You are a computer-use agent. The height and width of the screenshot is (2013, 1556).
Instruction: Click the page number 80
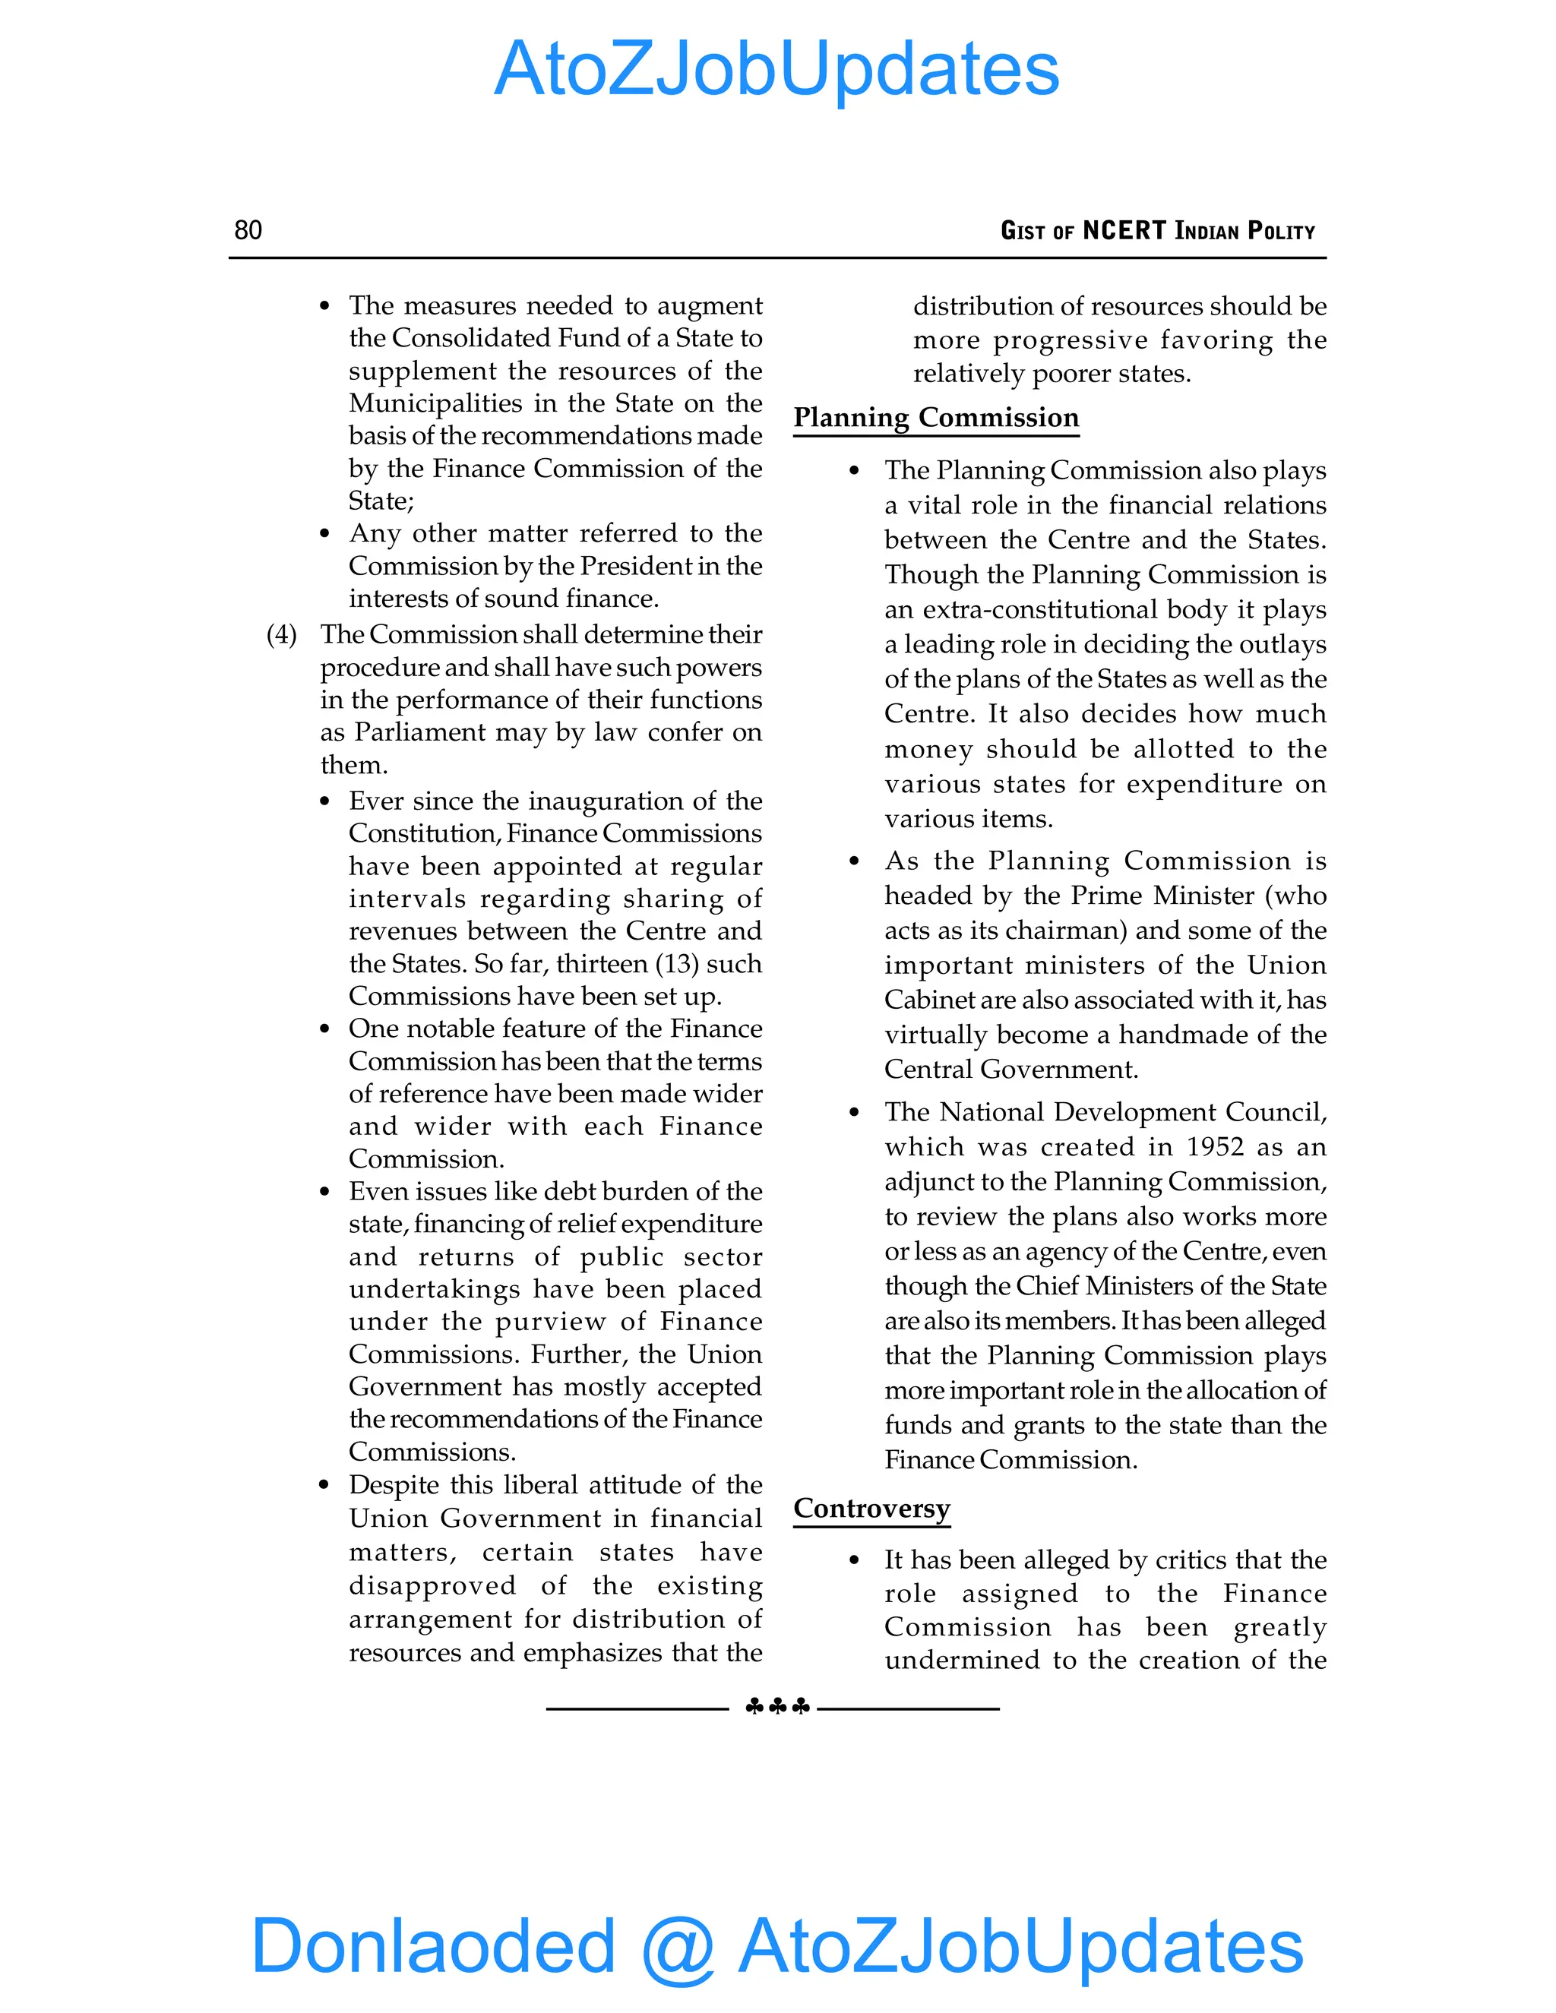tap(248, 230)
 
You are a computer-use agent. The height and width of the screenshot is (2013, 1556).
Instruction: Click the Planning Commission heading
tap(935, 418)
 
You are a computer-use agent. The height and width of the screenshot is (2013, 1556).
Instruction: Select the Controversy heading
tap(871, 1508)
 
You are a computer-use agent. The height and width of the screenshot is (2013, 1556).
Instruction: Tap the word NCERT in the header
tap(1124, 230)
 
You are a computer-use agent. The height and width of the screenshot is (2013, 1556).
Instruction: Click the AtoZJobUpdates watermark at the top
tap(776, 69)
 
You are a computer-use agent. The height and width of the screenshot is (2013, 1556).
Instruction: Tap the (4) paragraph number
tap(281, 635)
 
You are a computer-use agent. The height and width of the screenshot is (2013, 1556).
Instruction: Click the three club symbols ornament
tap(777, 1707)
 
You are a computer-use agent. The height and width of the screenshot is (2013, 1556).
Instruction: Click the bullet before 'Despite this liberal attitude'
tap(324, 1486)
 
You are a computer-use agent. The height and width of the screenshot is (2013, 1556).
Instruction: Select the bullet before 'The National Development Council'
tap(855, 1114)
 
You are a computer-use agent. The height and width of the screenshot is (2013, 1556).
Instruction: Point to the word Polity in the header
tap(1280, 230)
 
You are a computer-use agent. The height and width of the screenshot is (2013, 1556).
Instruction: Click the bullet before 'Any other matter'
tap(324, 535)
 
